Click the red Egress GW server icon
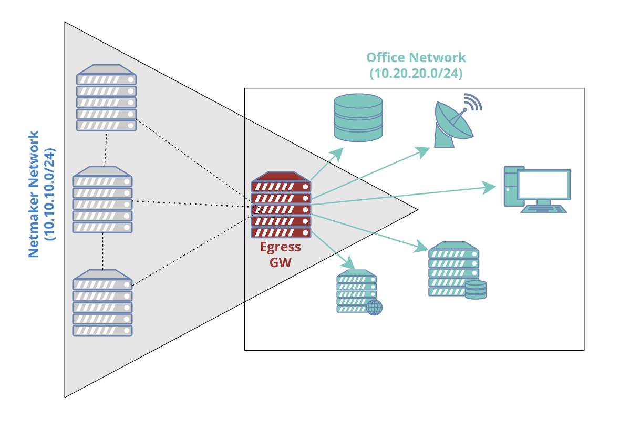[x=281, y=205]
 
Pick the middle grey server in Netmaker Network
[x=102, y=200]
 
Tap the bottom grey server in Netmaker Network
[x=102, y=303]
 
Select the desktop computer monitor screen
[x=544, y=185]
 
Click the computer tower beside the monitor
[x=510, y=187]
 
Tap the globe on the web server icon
[x=374, y=308]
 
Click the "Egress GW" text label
[x=281, y=254]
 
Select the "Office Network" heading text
[x=416, y=57]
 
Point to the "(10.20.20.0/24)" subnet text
[x=416, y=73]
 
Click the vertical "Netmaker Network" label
[x=34, y=195]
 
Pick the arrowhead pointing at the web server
[x=349, y=262]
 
